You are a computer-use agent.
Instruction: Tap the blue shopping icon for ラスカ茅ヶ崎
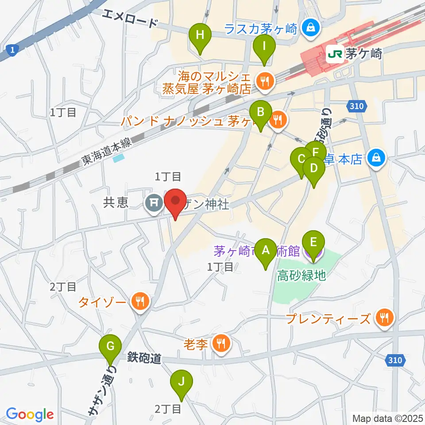[310, 28]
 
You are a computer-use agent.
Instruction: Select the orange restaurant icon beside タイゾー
[140, 302]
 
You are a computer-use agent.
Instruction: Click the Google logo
[30, 414]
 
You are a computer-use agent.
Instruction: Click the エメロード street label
[130, 19]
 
